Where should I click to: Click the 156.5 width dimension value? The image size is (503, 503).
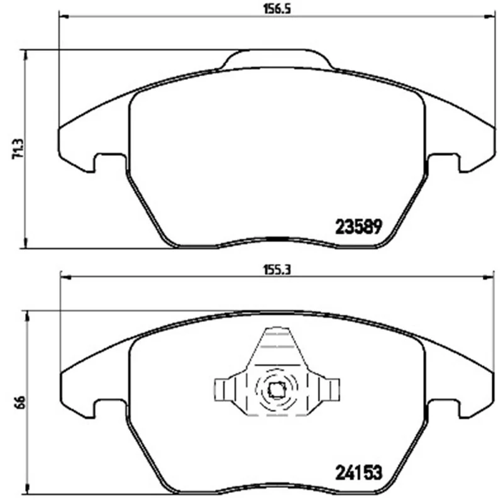tap(277, 9)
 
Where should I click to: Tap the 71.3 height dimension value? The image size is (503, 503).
tap(18, 149)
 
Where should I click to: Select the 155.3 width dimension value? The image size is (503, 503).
tap(277, 270)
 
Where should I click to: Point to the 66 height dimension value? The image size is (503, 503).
tap(19, 402)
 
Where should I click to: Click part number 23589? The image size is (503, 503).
tap(358, 227)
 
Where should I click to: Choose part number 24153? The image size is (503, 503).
tap(359, 473)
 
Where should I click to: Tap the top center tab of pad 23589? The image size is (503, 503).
tap(277, 58)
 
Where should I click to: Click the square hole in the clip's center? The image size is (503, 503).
tap(277, 390)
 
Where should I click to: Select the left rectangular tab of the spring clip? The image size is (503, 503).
tap(223, 390)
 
